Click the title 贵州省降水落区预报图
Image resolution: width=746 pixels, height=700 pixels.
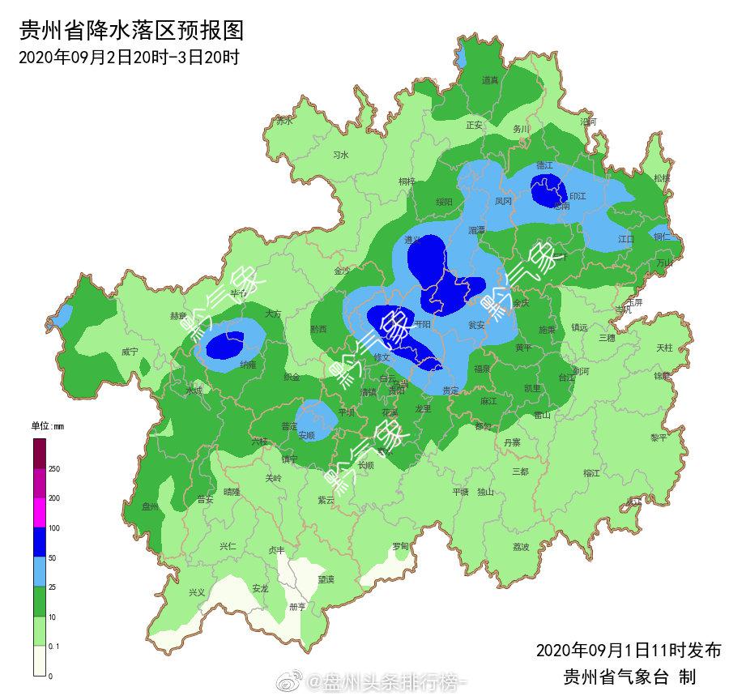coord(131,32)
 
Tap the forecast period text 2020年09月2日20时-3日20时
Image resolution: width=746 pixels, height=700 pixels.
coord(128,58)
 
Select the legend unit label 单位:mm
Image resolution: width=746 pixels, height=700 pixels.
coord(47,426)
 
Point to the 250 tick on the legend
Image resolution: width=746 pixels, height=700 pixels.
coord(54,469)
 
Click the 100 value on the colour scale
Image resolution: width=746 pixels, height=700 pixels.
coord(54,528)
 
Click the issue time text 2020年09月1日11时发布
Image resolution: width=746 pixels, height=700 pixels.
coord(628,651)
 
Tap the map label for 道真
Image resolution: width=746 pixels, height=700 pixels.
coord(490,79)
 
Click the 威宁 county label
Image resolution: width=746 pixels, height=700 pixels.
coord(130,352)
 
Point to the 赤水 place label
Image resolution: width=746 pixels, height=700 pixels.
coord(283,122)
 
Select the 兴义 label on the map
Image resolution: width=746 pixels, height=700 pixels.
coord(197,592)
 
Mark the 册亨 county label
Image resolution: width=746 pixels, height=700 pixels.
coord(297,606)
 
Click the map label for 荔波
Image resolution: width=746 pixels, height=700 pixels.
coord(521,547)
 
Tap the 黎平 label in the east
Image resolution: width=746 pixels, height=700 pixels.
coord(659,437)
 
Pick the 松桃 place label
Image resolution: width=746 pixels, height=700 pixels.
coord(662,177)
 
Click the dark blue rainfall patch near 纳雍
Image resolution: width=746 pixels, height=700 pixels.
coord(224,347)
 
